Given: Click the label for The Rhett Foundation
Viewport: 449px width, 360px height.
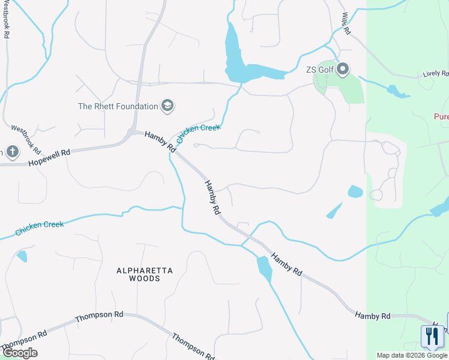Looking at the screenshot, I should pos(118,107).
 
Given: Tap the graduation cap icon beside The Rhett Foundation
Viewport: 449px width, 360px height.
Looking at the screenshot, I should pos(167,107).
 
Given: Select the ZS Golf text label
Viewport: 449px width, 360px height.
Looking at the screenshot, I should pos(319,70).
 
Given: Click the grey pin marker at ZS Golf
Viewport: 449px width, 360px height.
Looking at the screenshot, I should pos(343,70).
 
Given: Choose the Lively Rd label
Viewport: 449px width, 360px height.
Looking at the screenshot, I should pos(435,74).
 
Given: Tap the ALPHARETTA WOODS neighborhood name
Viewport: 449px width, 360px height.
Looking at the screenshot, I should pos(145,275).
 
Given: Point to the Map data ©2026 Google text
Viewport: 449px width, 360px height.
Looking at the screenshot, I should pos(412,355).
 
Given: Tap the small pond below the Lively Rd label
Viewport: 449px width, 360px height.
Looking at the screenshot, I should pos(397,92).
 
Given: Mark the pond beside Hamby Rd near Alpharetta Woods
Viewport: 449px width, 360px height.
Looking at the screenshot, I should pos(264,269).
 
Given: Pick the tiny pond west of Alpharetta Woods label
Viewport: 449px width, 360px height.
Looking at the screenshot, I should pos(22,256).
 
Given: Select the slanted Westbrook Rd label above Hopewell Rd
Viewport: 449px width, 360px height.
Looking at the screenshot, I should pos(26,139).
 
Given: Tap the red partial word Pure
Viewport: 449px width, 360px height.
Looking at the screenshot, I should pos(441,116).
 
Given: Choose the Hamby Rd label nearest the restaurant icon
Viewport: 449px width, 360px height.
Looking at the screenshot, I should pos(372,316).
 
